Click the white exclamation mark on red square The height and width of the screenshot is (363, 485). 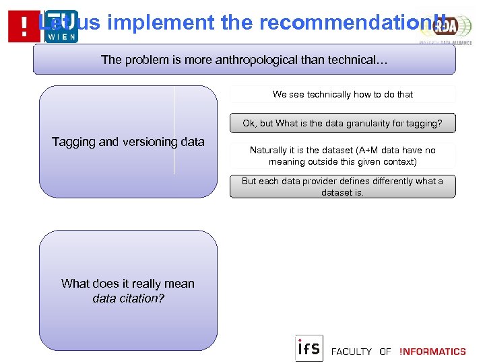(x=24, y=27)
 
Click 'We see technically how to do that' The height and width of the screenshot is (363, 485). (x=342, y=95)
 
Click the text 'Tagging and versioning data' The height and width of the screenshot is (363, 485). (x=128, y=142)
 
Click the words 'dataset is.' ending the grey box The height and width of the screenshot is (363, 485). (x=342, y=192)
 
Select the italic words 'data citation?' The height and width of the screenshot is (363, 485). (x=128, y=298)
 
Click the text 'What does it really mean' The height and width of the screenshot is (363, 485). (x=128, y=284)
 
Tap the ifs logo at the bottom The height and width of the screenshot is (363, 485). (x=309, y=348)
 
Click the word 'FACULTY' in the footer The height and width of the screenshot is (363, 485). (x=352, y=352)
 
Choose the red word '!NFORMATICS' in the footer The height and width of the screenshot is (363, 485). (x=432, y=352)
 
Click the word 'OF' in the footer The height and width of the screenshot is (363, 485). (x=385, y=352)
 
